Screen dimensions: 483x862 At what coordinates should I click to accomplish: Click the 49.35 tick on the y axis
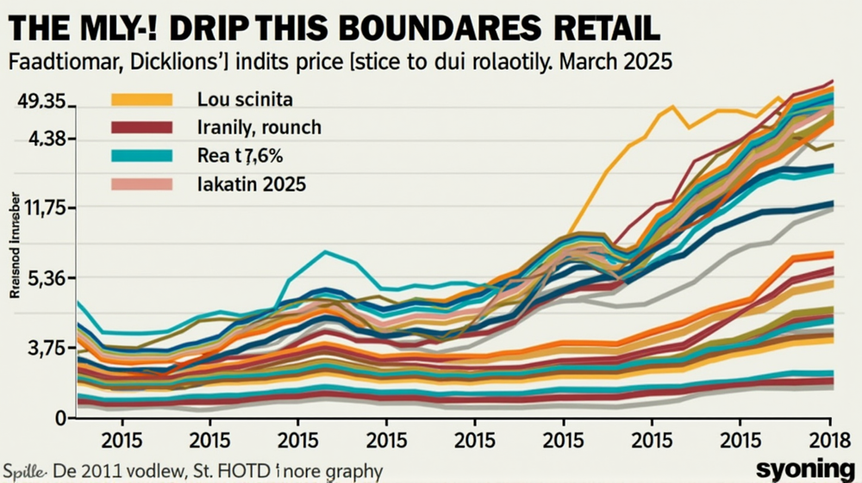(41, 102)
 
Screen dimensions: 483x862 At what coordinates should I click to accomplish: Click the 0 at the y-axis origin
(60, 418)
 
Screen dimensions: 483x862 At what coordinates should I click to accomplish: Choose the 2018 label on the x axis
(828, 437)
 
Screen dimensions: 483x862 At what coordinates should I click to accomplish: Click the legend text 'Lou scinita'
(247, 101)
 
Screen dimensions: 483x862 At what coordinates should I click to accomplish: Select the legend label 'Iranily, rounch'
(259, 128)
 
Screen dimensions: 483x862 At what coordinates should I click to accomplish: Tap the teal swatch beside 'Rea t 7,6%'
(142, 156)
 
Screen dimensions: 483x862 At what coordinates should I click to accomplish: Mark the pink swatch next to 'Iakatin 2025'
(142, 183)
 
